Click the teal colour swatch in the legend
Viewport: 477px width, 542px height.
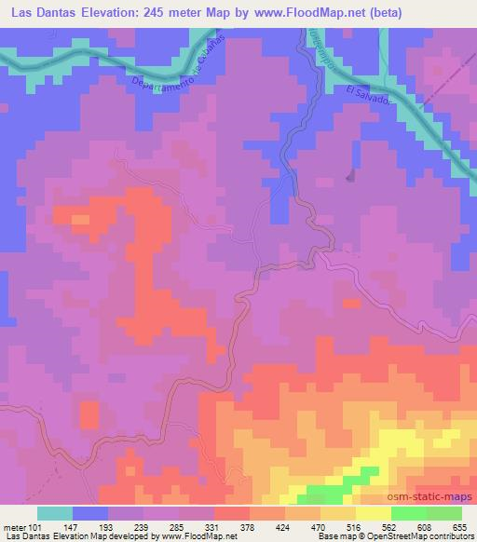click(x=55, y=513)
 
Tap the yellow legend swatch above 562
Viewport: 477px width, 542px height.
click(x=373, y=513)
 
